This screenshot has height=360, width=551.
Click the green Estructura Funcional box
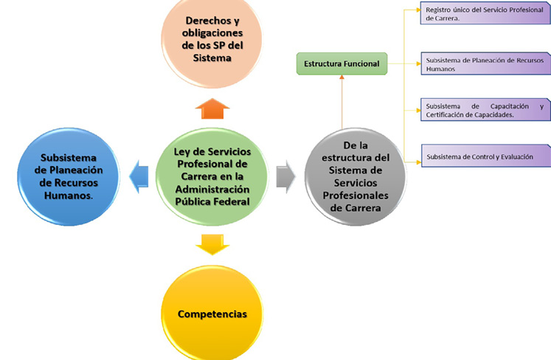pos(342,63)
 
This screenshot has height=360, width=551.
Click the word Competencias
pos(212,314)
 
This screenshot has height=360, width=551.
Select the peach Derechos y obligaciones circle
pos(212,37)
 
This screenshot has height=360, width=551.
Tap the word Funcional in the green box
pos(361,64)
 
